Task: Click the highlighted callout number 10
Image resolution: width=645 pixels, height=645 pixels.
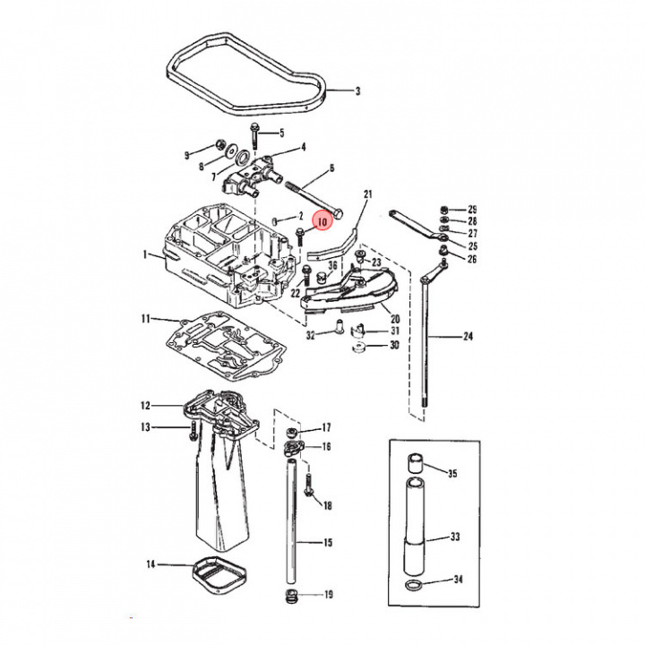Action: [321, 219]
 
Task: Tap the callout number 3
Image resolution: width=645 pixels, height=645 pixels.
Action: [357, 91]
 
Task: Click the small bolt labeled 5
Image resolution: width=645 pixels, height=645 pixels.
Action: [255, 135]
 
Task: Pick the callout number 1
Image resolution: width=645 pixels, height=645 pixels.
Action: [144, 254]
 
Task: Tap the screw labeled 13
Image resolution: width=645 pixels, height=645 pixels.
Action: [192, 431]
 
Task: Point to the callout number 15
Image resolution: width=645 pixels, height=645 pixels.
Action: [328, 543]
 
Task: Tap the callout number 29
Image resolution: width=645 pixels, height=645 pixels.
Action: [472, 209]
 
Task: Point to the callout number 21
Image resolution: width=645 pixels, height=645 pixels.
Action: [366, 194]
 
